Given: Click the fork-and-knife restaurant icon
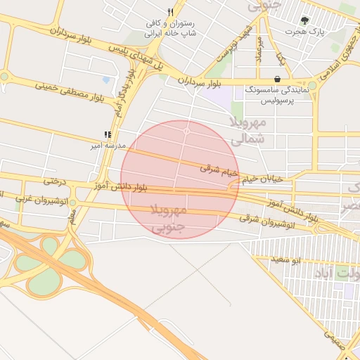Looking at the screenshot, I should [x=170, y=12].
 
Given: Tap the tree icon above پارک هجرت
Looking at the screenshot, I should [x=304, y=20].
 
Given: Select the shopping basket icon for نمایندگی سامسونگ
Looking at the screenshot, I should [x=278, y=79].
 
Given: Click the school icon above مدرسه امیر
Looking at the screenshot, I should [x=108, y=134].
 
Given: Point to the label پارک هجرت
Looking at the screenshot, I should [x=304, y=32].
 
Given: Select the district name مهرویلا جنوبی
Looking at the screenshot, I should [x=169, y=218].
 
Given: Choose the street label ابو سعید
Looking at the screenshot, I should [x=287, y=260].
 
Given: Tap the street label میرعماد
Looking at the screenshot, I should [x=259, y=49].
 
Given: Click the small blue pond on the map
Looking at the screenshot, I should [x=105, y=80].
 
